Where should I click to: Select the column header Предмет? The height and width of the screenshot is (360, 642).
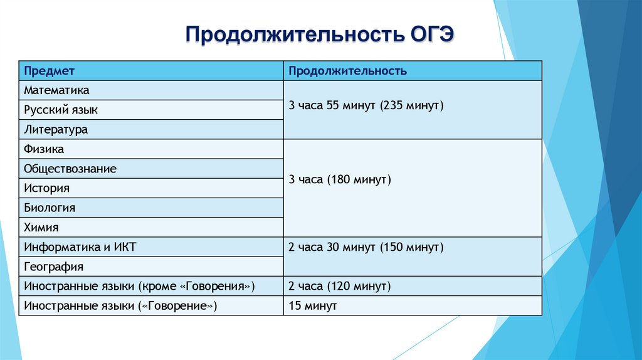pos(50,71)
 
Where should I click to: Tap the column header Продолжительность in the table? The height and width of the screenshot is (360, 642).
pos(347,71)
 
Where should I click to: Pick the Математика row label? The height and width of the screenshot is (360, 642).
pos(56,90)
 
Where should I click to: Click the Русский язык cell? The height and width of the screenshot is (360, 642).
pos(61,110)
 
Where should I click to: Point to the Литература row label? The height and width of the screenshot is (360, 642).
pos(56,130)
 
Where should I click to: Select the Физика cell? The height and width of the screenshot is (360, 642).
pos(44,149)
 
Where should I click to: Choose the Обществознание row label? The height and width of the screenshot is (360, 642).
pos(70,169)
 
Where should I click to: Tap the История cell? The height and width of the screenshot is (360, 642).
pos(46,188)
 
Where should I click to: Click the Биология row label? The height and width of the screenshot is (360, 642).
pos(50,208)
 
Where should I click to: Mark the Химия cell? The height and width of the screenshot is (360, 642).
pos(41,227)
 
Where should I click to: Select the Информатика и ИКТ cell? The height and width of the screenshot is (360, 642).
pos(80,247)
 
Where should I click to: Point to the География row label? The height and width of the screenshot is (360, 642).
pos(53,267)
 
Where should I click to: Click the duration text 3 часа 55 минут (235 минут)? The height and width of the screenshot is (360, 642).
pos(366,105)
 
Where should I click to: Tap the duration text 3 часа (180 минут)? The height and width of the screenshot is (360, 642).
pos(340,180)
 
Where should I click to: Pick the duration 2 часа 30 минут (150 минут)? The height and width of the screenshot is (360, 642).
pos(366,247)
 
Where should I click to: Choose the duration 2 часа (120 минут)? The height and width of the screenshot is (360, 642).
pos(340,287)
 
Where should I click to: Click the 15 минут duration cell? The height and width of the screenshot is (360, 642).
pos(313,306)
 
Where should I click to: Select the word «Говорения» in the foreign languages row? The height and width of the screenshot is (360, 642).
pos(217,287)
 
